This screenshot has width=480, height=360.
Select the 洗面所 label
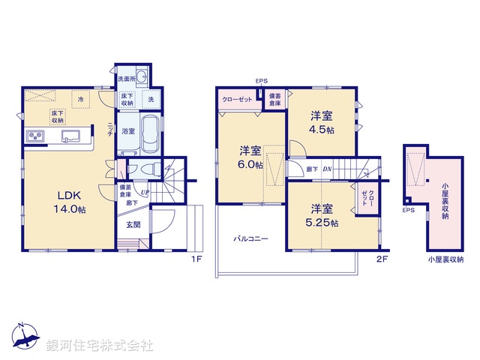[124, 79]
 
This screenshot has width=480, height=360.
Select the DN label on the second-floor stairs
[327, 169]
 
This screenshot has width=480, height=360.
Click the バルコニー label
[250, 238]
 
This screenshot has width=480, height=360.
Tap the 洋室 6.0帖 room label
[250, 157]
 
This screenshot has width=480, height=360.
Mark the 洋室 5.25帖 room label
[323, 215]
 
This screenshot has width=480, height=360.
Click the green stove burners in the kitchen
[37, 136]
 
